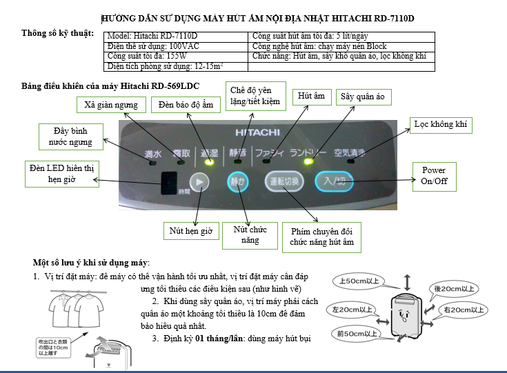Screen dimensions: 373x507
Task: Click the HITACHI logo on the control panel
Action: pos(257,131)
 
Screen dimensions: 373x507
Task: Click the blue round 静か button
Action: pos(237,182)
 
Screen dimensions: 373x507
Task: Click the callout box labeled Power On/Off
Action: pos(433,176)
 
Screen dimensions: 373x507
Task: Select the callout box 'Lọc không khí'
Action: pos(440,124)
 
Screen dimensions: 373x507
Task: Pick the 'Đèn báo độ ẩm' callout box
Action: pos(180,104)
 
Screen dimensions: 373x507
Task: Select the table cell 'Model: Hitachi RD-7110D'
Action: pos(175,37)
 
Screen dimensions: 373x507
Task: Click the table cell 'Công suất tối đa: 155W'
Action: pos(175,57)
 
